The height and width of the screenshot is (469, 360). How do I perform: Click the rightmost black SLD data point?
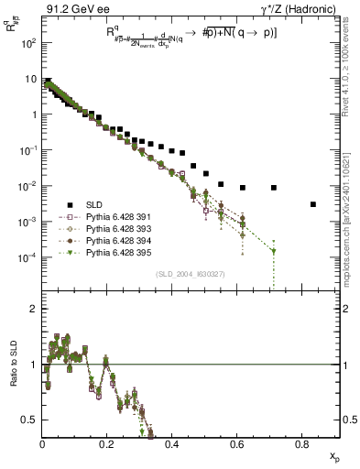313,204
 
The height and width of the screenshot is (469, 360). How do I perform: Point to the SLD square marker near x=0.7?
274,188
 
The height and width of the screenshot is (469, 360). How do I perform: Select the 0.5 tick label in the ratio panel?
30,420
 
